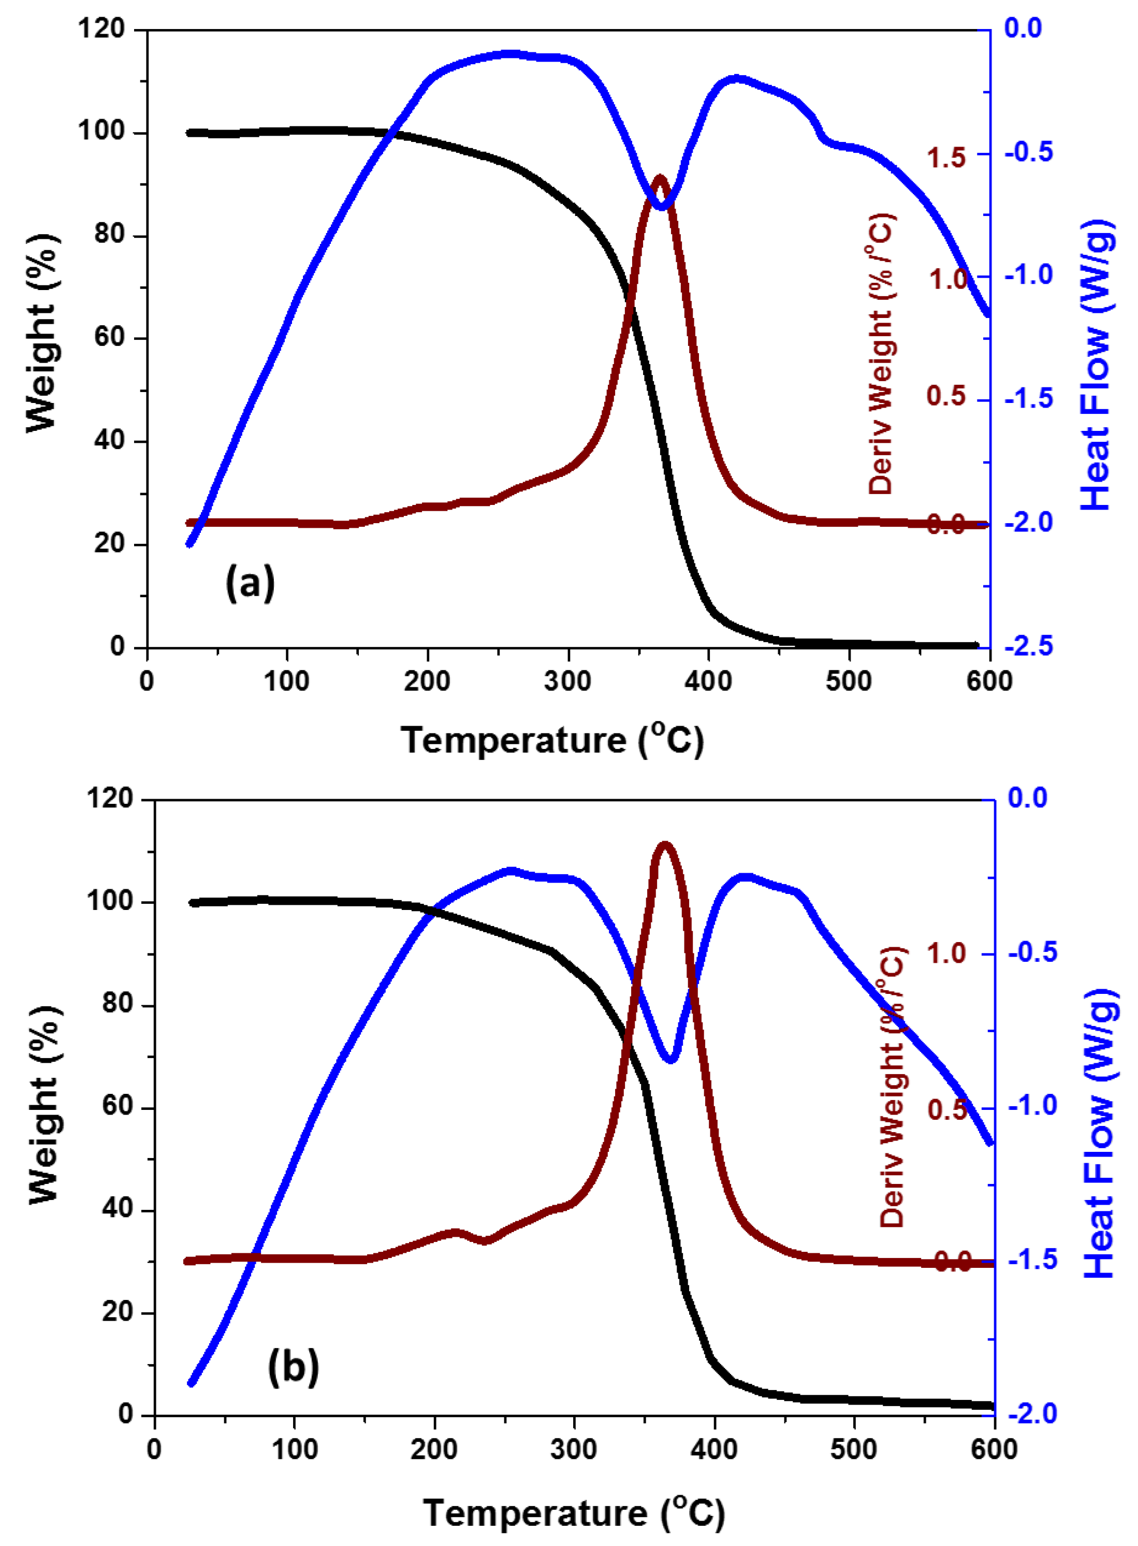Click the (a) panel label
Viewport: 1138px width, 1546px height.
coord(250,583)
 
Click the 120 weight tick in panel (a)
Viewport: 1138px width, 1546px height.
coord(101,29)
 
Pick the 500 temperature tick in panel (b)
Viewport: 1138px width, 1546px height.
coord(853,1450)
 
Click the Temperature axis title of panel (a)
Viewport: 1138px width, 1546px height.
coord(552,741)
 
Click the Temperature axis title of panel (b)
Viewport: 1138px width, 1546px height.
coord(573,1513)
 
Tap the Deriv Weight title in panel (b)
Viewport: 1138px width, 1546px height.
coord(893,1087)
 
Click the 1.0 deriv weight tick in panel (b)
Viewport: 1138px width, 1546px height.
coord(947,953)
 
